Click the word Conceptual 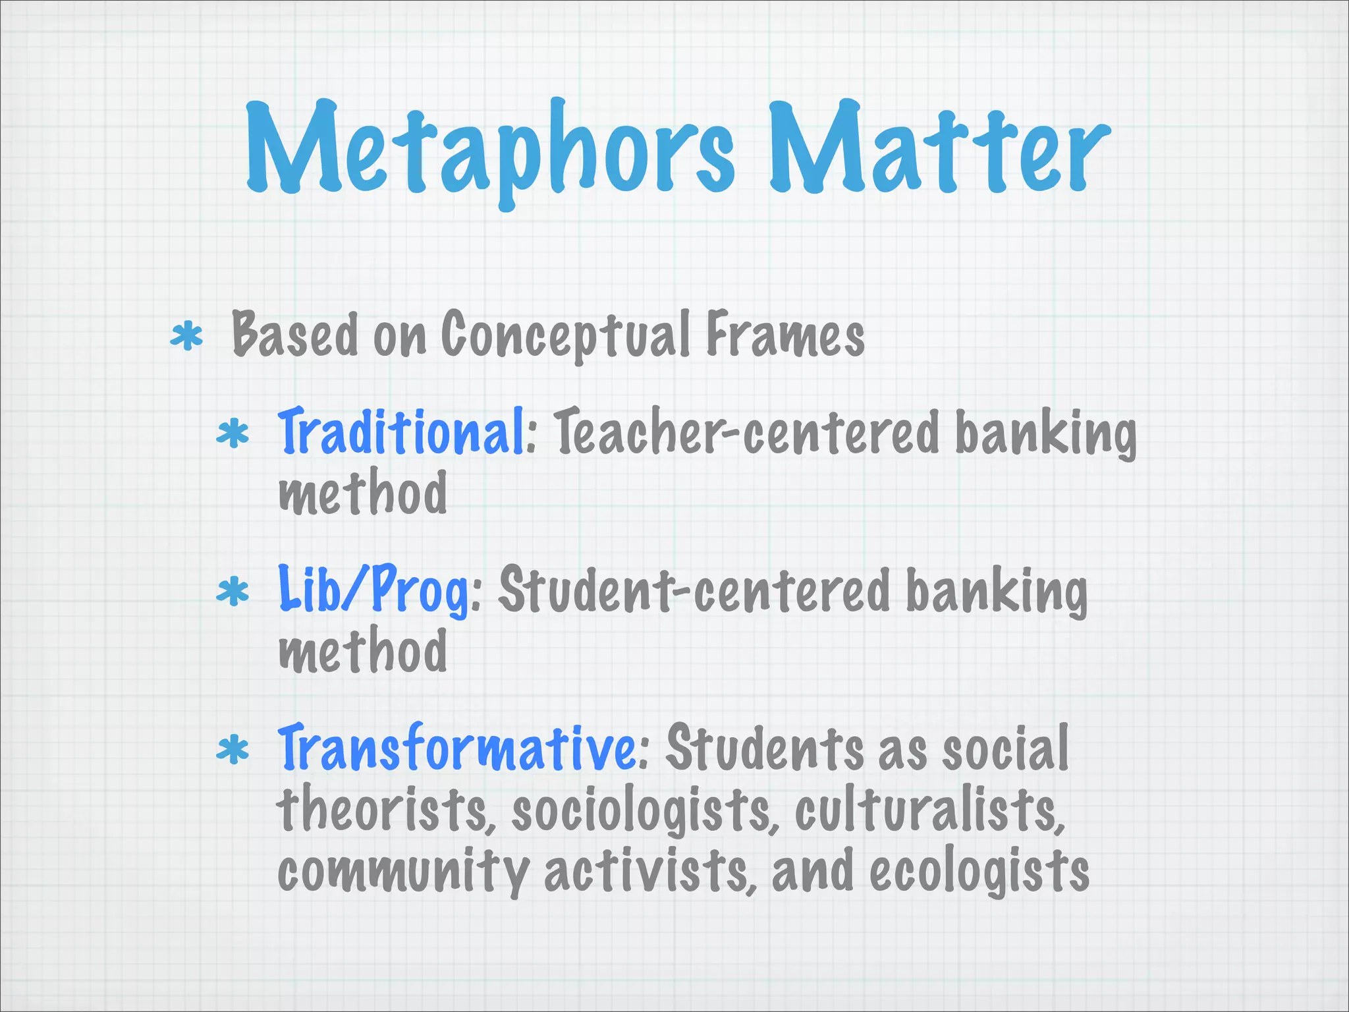coord(566,335)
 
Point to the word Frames coord(785,335)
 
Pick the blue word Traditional coord(401,432)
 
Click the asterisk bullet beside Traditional coord(233,435)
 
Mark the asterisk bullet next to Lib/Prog coord(233,592)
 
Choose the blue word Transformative coord(457,748)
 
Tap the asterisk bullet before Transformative coord(233,750)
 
